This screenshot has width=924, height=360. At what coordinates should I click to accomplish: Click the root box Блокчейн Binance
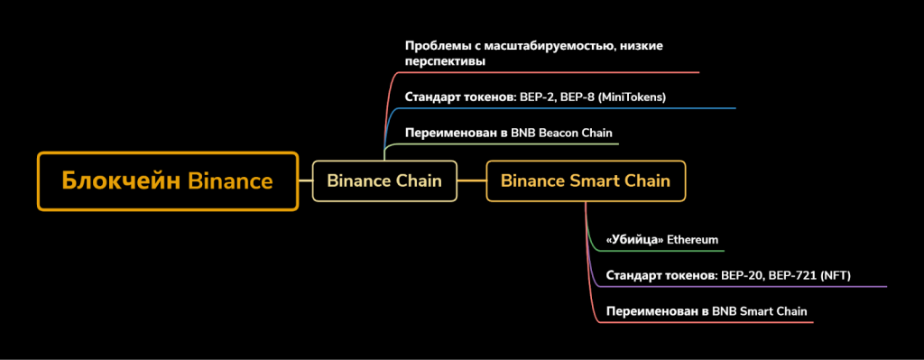point(167,181)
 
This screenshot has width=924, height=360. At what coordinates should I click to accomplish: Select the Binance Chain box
point(384,180)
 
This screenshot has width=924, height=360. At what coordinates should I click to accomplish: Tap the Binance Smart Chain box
point(586,180)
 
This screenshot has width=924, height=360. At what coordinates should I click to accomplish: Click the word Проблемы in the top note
point(432,45)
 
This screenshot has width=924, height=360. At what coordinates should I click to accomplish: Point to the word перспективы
point(445,61)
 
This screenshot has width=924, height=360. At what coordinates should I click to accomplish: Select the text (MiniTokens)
point(632,97)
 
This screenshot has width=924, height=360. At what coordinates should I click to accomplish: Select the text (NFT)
point(833,276)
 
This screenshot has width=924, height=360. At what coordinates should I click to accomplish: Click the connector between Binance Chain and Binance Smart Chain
point(471,180)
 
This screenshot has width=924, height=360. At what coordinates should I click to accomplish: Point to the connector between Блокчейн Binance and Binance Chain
point(305,180)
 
